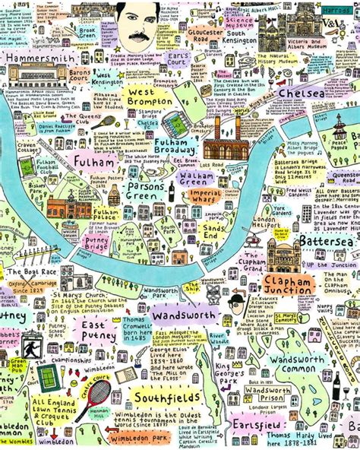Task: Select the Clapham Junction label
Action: [286, 284]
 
